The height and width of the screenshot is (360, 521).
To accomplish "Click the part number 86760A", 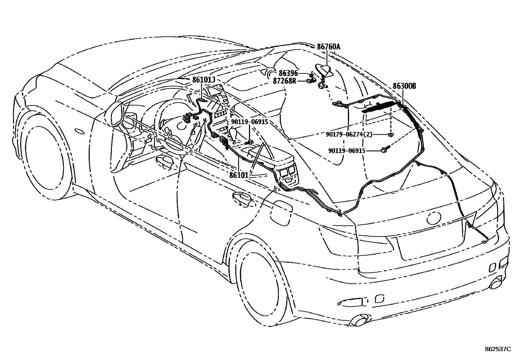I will [x=329, y=47].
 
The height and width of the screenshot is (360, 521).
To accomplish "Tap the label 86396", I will [x=288, y=74].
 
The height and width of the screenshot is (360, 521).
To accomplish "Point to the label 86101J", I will [x=204, y=80].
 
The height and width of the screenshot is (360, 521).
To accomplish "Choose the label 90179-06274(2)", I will [x=349, y=134].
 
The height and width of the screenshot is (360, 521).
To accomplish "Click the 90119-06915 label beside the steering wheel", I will [x=249, y=122].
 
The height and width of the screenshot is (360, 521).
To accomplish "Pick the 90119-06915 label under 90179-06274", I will [x=347, y=151].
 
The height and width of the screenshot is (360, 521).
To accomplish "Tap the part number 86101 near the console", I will [x=239, y=175].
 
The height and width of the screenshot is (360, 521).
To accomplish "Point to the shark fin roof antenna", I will [x=324, y=70].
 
